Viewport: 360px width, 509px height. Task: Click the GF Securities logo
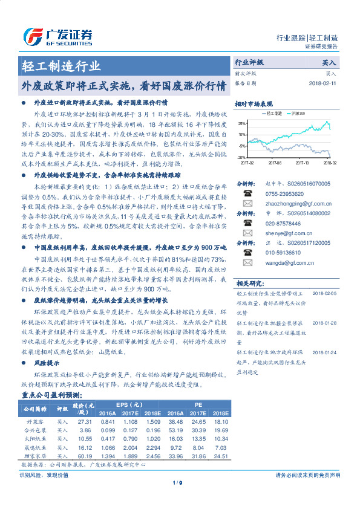coord(58,36)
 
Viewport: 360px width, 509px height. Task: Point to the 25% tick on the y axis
coord(242,123)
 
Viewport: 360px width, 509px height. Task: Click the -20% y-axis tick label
coord(242,157)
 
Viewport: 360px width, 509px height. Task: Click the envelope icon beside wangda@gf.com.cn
coord(247,263)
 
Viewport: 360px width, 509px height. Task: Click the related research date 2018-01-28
coord(325,323)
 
